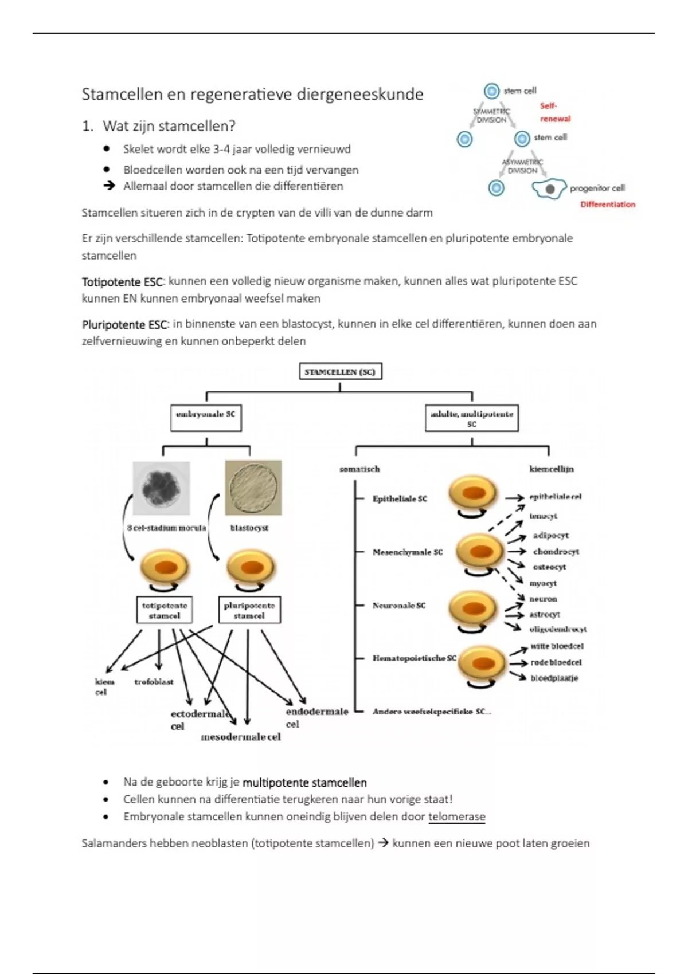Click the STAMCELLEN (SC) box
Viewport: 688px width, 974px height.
pos(340,372)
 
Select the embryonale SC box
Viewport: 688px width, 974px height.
pos(206,418)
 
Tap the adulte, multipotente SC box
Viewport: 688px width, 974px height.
pos(471,418)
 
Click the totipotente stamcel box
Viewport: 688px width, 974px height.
pos(165,611)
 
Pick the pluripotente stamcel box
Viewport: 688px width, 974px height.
pos(249,611)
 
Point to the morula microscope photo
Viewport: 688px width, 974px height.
pos(161,488)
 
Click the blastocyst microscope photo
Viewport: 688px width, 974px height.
pos(253,488)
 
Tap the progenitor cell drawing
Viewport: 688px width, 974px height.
pos(549,189)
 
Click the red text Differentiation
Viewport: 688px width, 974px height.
pos(608,205)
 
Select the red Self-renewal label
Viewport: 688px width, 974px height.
pos(554,112)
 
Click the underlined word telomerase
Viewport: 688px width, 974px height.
pos(456,817)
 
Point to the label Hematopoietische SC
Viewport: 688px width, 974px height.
pos(414,658)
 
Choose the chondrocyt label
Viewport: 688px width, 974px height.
pos(556,552)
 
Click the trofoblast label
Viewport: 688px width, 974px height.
pos(154,682)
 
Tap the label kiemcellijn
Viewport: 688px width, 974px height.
pos(551,469)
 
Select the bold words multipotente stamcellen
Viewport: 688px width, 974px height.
pos(304,783)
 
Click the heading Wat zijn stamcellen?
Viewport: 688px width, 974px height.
pos(169,126)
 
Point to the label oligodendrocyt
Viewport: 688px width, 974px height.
pos(558,629)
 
